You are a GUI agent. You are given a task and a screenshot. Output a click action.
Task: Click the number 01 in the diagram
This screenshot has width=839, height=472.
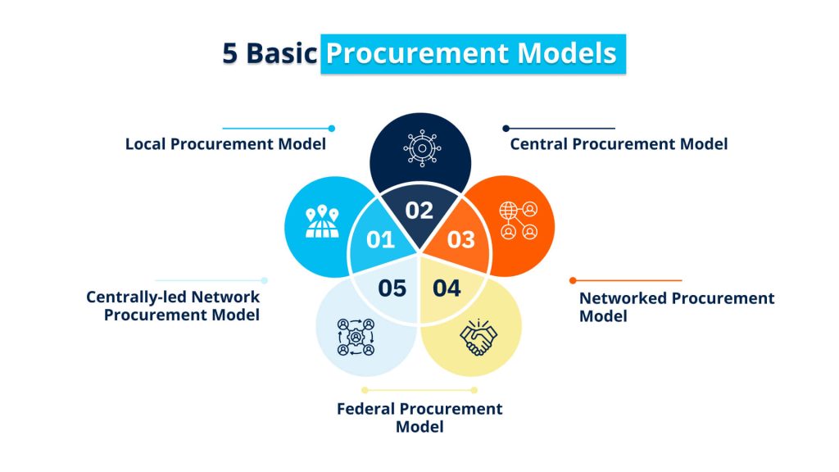click(x=380, y=240)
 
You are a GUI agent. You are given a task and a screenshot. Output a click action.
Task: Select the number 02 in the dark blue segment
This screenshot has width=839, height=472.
click(x=419, y=211)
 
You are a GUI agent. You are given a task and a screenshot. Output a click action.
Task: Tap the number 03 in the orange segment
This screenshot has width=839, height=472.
click(x=460, y=240)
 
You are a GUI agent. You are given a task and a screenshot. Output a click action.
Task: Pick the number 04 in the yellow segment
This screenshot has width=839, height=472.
click(x=447, y=288)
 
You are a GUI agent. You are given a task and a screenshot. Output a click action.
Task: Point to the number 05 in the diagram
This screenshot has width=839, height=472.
click(x=392, y=288)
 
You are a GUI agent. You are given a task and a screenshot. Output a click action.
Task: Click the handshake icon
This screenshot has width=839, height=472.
click(x=478, y=336)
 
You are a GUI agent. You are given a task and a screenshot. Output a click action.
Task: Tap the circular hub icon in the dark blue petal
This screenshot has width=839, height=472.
click(x=420, y=148)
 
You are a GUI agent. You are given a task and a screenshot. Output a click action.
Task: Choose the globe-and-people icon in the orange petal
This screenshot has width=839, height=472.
click(x=519, y=220)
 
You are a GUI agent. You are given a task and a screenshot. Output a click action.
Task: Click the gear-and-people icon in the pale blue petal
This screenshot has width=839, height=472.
click(x=356, y=337)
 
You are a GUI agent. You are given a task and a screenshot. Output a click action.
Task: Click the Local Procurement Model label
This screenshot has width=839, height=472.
click(x=225, y=144)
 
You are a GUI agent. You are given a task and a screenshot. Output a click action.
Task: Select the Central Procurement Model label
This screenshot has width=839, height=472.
click(x=619, y=144)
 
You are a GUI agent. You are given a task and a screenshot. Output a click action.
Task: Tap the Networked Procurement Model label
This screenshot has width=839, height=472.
click(x=676, y=306)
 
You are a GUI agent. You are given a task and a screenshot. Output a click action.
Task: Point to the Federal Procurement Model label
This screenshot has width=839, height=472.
click(x=419, y=417)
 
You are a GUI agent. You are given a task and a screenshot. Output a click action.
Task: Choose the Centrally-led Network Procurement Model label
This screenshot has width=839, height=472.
click(x=174, y=306)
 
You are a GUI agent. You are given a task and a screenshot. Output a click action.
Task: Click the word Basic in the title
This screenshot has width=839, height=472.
click(x=281, y=53)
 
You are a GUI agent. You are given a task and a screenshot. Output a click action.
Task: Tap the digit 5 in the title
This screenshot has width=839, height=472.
click(x=230, y=53)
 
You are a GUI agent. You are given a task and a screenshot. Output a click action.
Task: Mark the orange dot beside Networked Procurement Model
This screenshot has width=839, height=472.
click(x=573, y=280)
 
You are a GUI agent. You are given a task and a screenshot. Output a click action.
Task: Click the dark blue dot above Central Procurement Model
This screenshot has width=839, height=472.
click(x=506, y=128)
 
